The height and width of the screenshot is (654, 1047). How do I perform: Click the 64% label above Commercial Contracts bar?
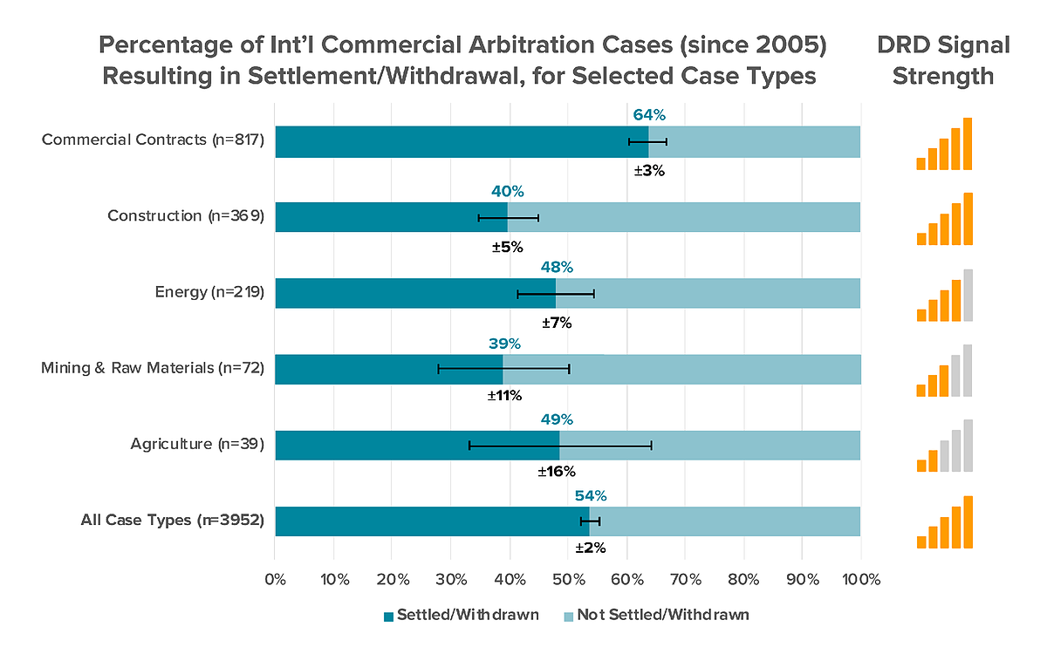tap(648, 115)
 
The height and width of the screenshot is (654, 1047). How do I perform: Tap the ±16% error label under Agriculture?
tap(556, 472)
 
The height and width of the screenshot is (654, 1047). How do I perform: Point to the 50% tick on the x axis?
tap(568, 580)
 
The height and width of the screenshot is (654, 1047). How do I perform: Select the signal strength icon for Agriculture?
tap(944, 446)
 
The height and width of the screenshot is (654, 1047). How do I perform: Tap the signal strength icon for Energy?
tap(944, 296)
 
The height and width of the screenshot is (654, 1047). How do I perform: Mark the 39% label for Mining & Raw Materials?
tap(503, 344)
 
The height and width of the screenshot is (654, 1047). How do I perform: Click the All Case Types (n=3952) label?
tap(173, 521)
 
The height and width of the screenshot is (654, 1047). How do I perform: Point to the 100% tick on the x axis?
tap(860, 580)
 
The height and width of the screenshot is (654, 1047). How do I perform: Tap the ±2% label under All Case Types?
tap(590, 548)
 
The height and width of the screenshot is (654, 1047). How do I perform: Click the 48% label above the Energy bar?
tap(557, 268)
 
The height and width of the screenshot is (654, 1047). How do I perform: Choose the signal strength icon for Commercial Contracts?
tap(944, 144)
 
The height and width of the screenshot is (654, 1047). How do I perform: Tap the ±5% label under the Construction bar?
tap(507, 247)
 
